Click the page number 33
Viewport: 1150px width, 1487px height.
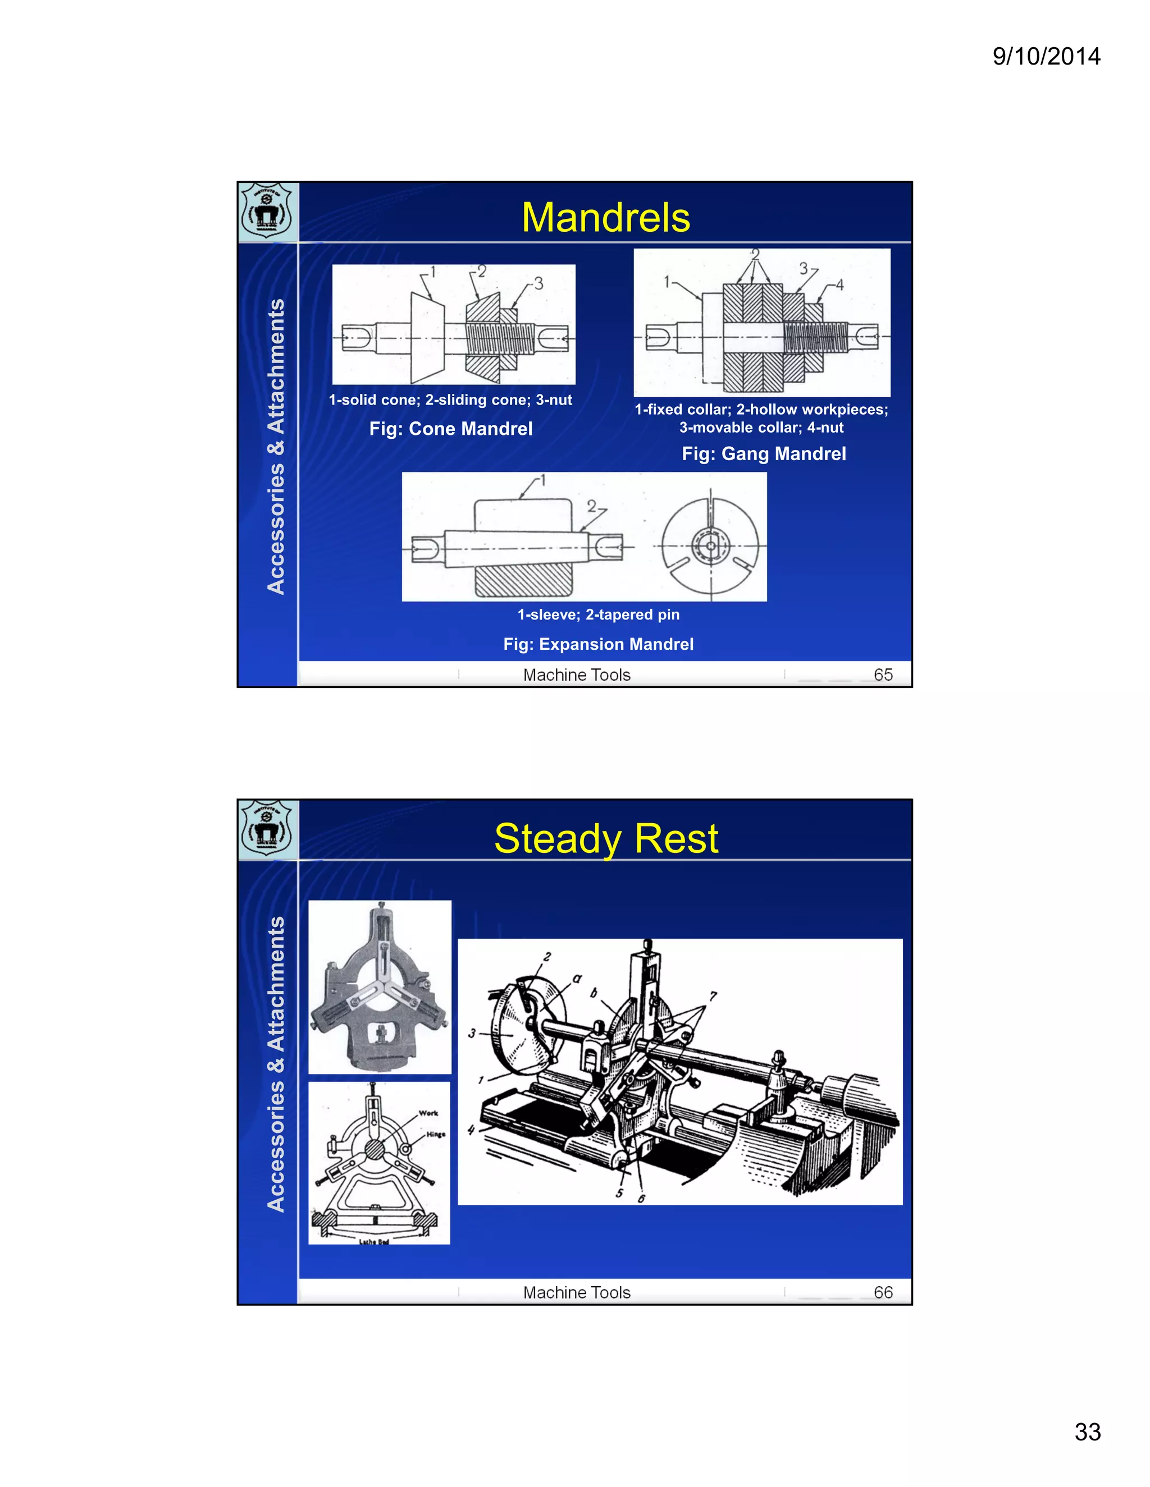1087,1432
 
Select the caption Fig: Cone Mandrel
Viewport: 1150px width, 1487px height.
450,429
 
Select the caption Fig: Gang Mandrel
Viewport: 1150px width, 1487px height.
763,454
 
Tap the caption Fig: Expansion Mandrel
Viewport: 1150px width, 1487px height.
598,644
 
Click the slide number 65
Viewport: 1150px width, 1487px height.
883,674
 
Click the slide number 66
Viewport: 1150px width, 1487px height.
883,1292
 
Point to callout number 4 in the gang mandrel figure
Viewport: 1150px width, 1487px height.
839,284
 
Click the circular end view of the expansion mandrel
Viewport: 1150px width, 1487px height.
710,546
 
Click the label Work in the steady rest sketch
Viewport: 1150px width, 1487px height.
428,1113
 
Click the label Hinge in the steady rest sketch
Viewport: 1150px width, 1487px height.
435,1134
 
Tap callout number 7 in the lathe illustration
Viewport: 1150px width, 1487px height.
713,996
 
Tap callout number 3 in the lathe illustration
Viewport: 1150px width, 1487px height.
472,1034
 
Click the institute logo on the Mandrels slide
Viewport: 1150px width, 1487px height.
267,211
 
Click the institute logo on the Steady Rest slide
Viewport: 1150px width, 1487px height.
267,829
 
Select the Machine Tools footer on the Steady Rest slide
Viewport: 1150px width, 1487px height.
576,1292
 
